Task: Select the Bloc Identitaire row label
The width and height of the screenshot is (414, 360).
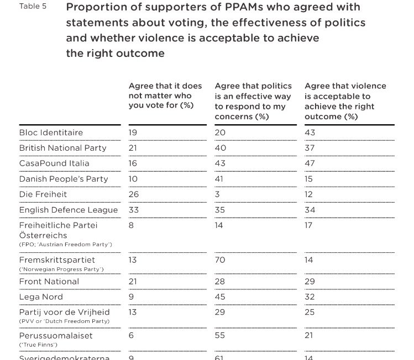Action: pyautogui.click(x=51, y=133)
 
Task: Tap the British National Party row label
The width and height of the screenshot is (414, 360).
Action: pyautogui.click(x=62, y=148)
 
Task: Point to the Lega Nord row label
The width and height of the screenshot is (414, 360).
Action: pyautogui.click(x=40, y=297)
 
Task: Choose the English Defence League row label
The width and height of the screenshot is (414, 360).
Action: pyautogui.click(x=69, y=210)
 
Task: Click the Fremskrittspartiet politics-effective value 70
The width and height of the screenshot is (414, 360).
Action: pyautogui.click(x=220, y=260)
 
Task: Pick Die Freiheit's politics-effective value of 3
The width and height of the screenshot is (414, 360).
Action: pyautogui.click(x=217, y=194)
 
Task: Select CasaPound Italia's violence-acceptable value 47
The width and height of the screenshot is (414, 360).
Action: pyautogui.click(x=310, y=163)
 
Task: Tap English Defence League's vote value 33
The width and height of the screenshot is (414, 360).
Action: pyautogui.click(x=134, y=210)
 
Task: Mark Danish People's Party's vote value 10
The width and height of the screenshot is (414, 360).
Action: pyautogui.click(x=133, y=179)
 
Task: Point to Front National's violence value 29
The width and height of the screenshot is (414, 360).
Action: pyautogui.click(x=310, y=281)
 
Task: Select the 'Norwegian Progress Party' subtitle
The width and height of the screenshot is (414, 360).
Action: pyautogui.click(x=62, y=269)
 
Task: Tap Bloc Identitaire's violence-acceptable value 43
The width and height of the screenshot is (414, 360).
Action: pyautogui.click(x=310, y=133)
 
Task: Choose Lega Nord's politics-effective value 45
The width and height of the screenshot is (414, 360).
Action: pyautogui.click(x=220, y=297)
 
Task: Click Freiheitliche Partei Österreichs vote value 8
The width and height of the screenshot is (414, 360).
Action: pyautogui.click(x=132, y=225)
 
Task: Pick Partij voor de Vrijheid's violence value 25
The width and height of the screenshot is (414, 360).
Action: pyautogui.click(x=310, y=312)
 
